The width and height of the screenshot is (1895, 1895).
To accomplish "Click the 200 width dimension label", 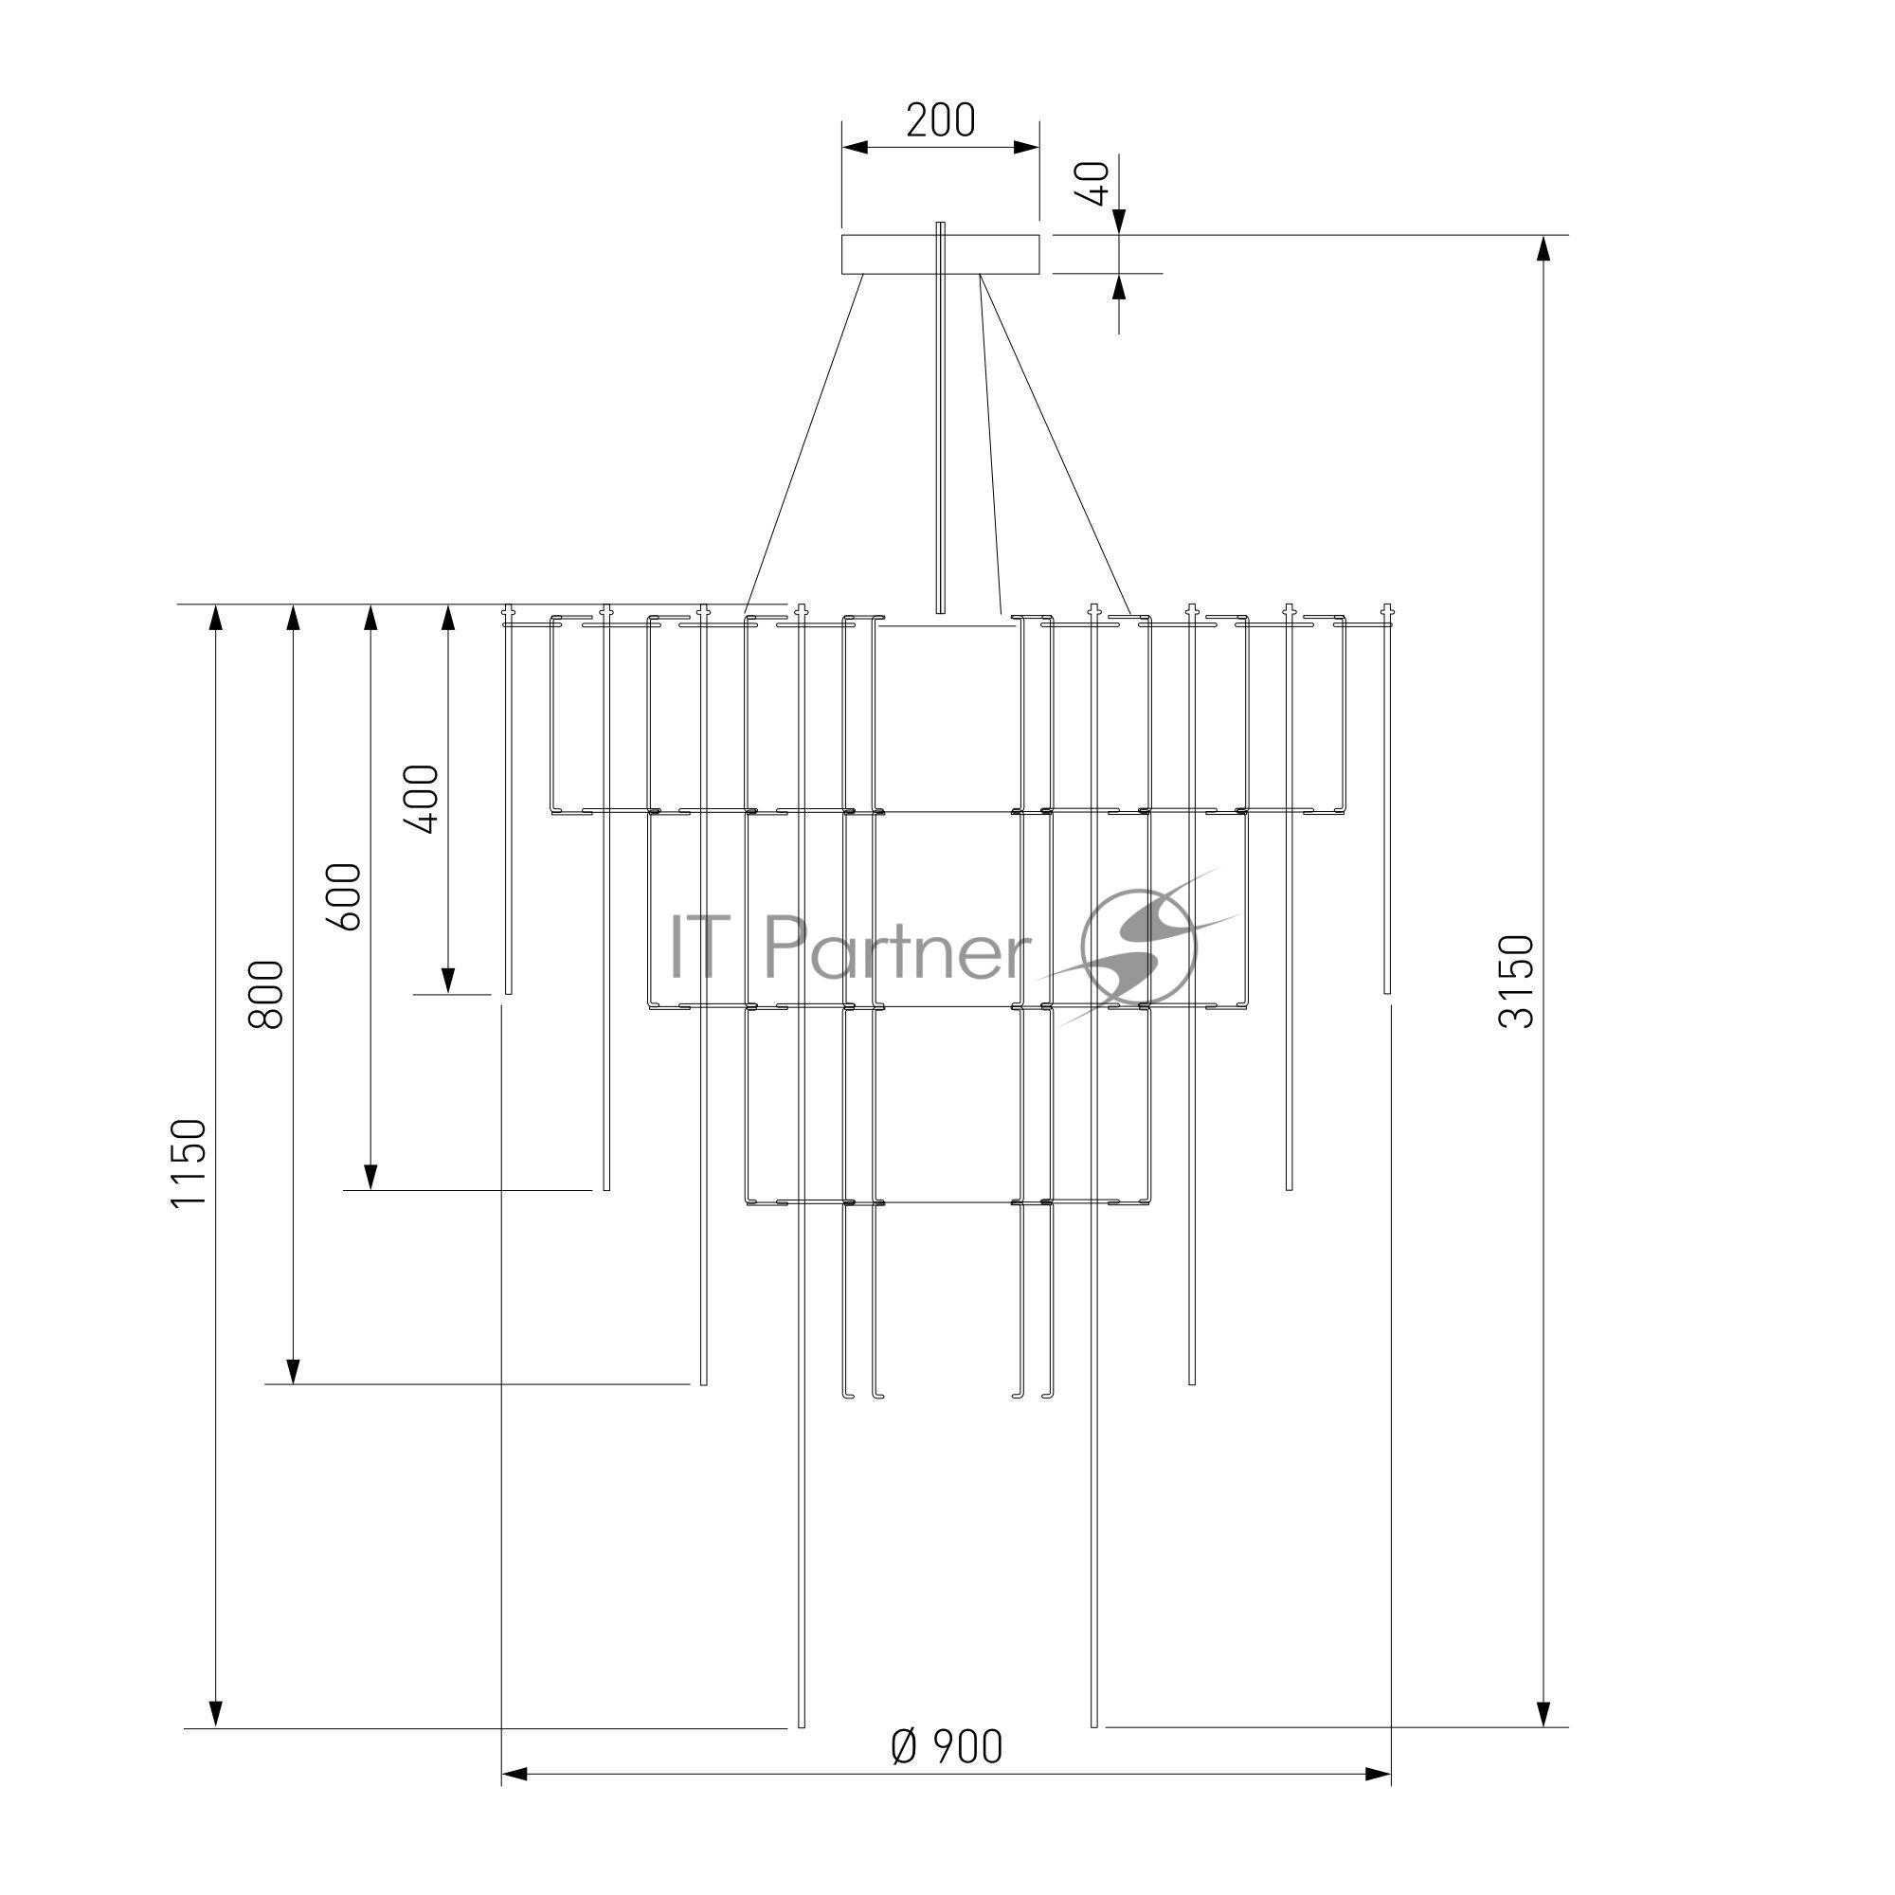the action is coord(941,120).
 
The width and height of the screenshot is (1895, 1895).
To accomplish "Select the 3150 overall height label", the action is coord(1515,982).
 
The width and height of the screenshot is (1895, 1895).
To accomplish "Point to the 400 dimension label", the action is coord(422,799).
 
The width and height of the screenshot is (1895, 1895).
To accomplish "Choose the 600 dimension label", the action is coord(344,896).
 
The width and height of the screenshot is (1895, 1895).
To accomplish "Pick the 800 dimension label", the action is coord(266,995).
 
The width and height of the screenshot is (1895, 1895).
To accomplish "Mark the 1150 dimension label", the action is coord(189,1164).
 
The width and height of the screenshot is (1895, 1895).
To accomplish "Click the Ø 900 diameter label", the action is coord(947,1747).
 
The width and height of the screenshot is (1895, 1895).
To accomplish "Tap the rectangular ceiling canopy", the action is coord(941,254).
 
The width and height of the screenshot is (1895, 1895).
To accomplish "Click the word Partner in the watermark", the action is coord(896,947).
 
